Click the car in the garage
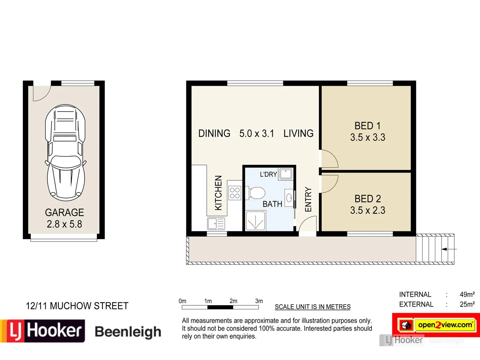pos(65,153)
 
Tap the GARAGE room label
pos(64,212)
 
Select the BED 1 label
pos(367,126)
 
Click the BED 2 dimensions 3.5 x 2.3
pos(368,210)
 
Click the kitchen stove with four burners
pos(235,193)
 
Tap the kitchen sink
pos(216,223)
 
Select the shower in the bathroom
pos(255,221)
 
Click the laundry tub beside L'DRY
pos(286,174)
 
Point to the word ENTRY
pos(308,199)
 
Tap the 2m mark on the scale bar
pos(233,301)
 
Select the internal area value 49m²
pos(467,294)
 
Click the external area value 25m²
pos(467,304)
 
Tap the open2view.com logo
pos(445,325)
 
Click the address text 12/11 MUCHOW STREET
pos(77,306)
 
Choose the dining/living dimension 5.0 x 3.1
pos(257,133)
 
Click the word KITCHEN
pos(218,193)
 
